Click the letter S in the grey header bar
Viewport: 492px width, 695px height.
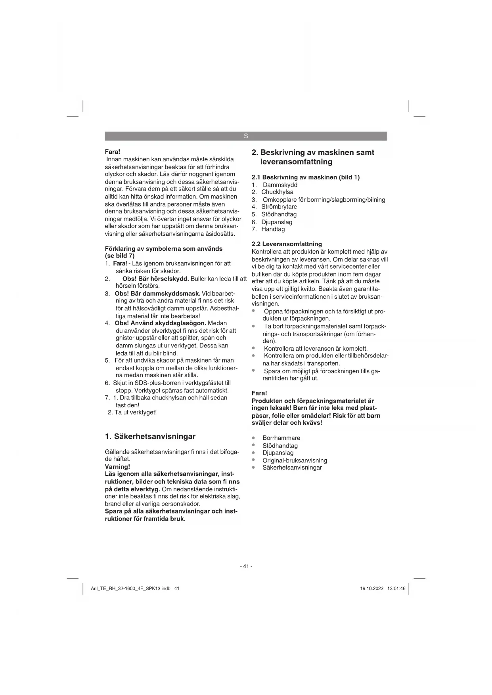[246, 136]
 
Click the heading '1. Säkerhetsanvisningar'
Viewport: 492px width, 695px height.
[150, 437]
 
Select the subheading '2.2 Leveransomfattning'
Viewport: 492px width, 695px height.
[287, 244]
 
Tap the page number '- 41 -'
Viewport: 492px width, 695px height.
[246, 566]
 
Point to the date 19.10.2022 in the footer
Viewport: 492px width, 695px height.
[371, 589]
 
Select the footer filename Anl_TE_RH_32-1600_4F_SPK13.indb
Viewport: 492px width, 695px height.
[131, 589]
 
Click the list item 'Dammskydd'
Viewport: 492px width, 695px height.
[280, 185]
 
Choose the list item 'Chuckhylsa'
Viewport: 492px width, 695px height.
[277, 192]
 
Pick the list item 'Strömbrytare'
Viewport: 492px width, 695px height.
[279, 207]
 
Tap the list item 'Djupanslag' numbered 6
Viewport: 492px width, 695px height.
[276, 222]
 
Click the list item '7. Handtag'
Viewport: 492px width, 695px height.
[273, 229]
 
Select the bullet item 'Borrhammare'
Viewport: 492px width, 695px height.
[281, 438]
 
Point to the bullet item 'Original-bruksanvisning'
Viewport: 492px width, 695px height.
[295, 460]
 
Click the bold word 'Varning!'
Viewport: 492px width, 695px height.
[117, 467]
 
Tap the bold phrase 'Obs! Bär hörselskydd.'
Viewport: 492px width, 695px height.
[155, 279]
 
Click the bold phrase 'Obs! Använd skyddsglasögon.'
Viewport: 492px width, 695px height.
[160, 323]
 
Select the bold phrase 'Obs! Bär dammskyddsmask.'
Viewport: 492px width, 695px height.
[157, 294]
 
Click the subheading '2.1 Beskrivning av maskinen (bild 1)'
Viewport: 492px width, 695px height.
[306, 177]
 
